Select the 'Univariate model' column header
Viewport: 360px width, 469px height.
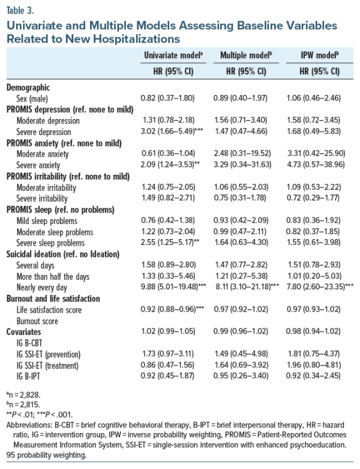(x=173, y=54)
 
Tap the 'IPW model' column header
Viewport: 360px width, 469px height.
(x=318, y=54)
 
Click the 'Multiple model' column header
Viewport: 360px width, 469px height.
(x=247, y=54)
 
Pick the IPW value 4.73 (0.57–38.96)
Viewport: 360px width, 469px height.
(x=318, y=165)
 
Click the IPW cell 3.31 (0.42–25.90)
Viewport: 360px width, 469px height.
(x=318, y=154)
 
